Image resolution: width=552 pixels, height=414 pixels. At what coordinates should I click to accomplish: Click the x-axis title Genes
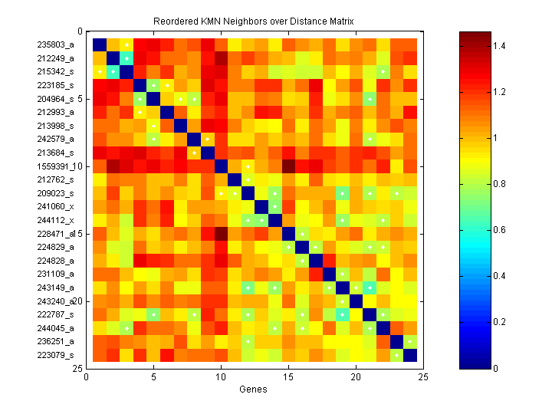coord(252,389)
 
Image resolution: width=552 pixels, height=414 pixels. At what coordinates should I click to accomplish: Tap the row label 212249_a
coord(56,58)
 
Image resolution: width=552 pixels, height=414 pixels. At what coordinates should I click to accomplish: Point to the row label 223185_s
coord(56,84)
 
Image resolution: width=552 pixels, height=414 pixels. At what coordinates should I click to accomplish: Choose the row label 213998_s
coord(56,125)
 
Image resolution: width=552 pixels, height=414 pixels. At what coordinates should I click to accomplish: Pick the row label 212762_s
coord(56,179)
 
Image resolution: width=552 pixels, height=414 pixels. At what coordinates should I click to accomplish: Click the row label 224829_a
coord(56,247)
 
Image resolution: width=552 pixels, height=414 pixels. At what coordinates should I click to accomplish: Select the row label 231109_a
coord(56,274)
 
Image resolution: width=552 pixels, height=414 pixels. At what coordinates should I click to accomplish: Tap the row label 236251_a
coord(56,341)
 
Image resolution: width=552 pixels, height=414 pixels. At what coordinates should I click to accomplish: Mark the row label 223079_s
coord(56,355)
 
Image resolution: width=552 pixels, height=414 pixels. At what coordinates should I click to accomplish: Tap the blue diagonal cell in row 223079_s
coord(410,355)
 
